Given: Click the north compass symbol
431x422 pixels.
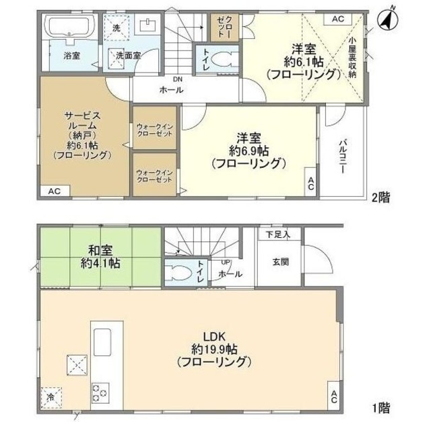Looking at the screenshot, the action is point(387,20).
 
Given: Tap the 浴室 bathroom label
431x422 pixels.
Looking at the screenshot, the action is point(72,56).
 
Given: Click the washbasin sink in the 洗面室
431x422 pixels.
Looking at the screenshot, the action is point(148,25).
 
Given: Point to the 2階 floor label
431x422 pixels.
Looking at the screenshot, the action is point(380,197).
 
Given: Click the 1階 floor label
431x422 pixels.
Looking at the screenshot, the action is point(381,408).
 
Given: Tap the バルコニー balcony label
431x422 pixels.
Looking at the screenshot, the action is point(343,157).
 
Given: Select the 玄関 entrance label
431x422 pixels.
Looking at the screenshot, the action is point(281,262).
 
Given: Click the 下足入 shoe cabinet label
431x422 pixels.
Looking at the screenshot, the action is point(278,235).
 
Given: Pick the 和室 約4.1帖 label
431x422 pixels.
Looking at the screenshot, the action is point(100,257).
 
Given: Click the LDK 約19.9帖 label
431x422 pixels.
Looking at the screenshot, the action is point(214,349).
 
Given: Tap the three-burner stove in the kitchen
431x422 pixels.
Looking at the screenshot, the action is point(100,393).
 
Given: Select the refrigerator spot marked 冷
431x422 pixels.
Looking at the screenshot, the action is point(51,398).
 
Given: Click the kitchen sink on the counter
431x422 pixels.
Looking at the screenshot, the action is point(102,343).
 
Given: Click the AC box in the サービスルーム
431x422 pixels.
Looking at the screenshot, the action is point(55,191).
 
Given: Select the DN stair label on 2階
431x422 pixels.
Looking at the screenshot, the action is point(178,79).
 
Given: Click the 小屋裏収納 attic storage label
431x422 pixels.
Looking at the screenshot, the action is point(352,57).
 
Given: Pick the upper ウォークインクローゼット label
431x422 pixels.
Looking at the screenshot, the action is point(154,130).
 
